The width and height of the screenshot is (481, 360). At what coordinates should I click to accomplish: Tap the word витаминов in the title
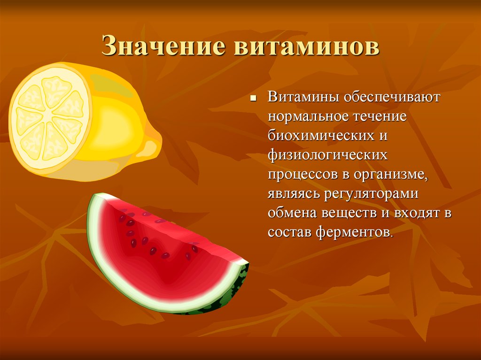click(307, 46)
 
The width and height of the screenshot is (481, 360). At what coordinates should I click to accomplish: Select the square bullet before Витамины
click(253, 99)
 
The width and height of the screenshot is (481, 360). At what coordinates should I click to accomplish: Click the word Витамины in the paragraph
click(303, 97)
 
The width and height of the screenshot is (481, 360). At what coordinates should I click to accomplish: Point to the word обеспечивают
click(392, 97)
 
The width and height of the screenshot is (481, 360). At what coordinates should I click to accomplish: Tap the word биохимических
click(321, 136)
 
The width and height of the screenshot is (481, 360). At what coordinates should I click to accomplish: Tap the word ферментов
click(354, 232)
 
